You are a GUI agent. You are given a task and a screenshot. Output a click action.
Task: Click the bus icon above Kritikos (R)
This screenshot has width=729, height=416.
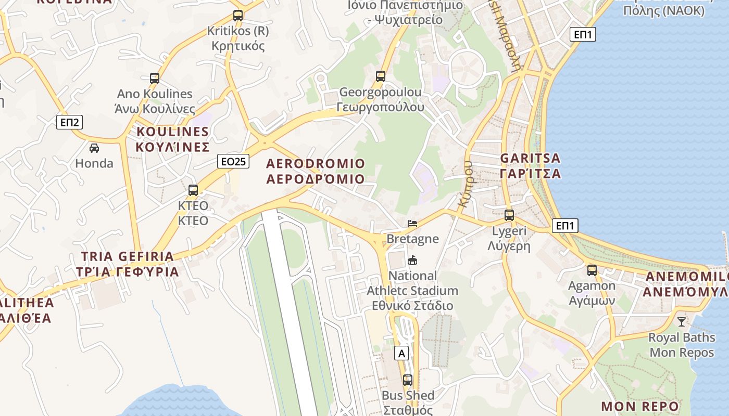pyautogui.click(x=238, y=16)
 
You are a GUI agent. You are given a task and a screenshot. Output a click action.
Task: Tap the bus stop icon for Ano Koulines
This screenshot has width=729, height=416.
pyautogui.click(x=155, y=79)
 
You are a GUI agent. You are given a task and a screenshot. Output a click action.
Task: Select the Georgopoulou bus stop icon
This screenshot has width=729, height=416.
pyautogui.click(x=381, y=76)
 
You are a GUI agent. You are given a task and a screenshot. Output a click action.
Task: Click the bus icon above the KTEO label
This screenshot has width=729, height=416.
pyautogui.click(x=193, y=190)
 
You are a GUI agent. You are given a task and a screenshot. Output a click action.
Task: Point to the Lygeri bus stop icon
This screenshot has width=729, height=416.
pyautogui.click(x=509, y=215)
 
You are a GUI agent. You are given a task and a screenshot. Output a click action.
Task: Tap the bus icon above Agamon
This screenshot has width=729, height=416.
pyautogui.click(x=592, y=270)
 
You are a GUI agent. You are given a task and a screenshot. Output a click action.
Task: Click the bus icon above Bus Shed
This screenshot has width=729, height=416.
pyautogui.click(x=408, y=380)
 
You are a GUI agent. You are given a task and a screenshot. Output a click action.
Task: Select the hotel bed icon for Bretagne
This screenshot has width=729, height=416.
pyautogui.click(x=412, y=224)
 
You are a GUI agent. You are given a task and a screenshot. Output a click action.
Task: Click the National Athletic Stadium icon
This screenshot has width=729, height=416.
pyautogui.click(x=412, y=260)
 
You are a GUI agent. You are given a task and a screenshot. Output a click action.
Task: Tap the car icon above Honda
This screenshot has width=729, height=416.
pyautogui.click(x=94, y=148)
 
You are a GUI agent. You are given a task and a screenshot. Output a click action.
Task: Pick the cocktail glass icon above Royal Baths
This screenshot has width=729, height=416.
pyautogui.click(x=682, y=321)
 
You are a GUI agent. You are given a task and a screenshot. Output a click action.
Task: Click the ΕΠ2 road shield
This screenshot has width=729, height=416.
pyautogui.click(x=69, y=122)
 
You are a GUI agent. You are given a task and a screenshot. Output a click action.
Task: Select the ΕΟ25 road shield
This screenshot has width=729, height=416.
pyautogui.click(x=233, y=161)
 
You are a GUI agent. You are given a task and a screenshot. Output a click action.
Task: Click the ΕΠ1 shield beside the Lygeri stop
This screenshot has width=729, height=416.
pyautogui.click(x=565, y=226)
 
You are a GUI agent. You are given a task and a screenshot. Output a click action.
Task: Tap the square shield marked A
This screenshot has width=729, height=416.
pyautogui.click(x=401, y=353)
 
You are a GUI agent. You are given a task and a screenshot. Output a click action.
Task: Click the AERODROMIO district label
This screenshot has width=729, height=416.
pyautogui.click(x=316, y=171)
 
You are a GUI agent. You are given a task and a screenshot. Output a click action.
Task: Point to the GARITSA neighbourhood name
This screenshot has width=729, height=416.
pyautogui.click(x=531, y=165)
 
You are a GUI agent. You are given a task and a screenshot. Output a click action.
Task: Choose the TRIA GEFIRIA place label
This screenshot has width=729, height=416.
pyautogui.click(x=128, y=264)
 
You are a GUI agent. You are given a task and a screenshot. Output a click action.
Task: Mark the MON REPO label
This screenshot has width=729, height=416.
pyautogui.click(x=640, y=406)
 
